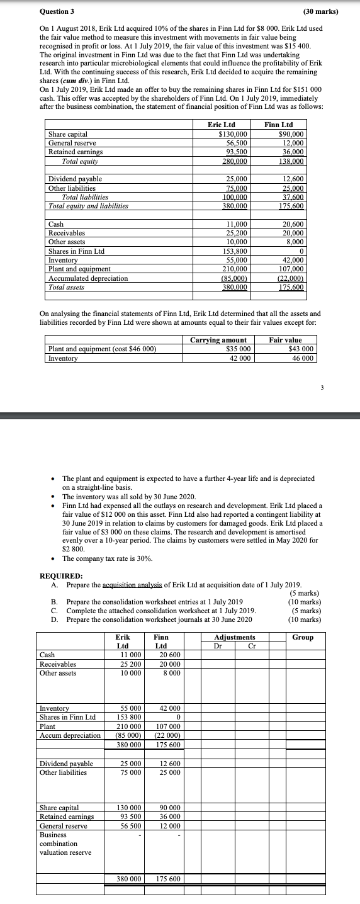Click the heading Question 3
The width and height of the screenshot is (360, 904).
point(57,11)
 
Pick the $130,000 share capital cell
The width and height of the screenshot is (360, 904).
point(232,134)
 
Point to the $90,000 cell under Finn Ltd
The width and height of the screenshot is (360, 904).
point(291,134)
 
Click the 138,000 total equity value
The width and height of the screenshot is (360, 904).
point(291,161)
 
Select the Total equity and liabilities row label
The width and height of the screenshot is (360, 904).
point(88,206)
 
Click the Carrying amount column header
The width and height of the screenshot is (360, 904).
point(218,340)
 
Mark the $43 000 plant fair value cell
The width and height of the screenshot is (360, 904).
point(301,349)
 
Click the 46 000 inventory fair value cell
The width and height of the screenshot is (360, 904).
point(301,358)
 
